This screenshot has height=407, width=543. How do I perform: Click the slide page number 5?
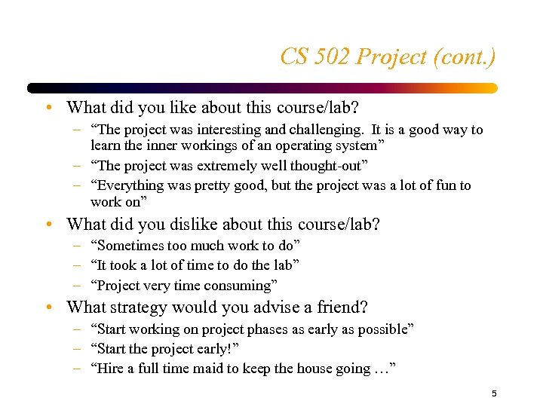(x=494, y=393)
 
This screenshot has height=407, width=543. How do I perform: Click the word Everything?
(x=130, y=185)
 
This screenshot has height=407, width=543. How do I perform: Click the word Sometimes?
(x=130, y=246)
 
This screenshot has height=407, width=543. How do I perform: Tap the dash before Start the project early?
(x=78, y=349)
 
